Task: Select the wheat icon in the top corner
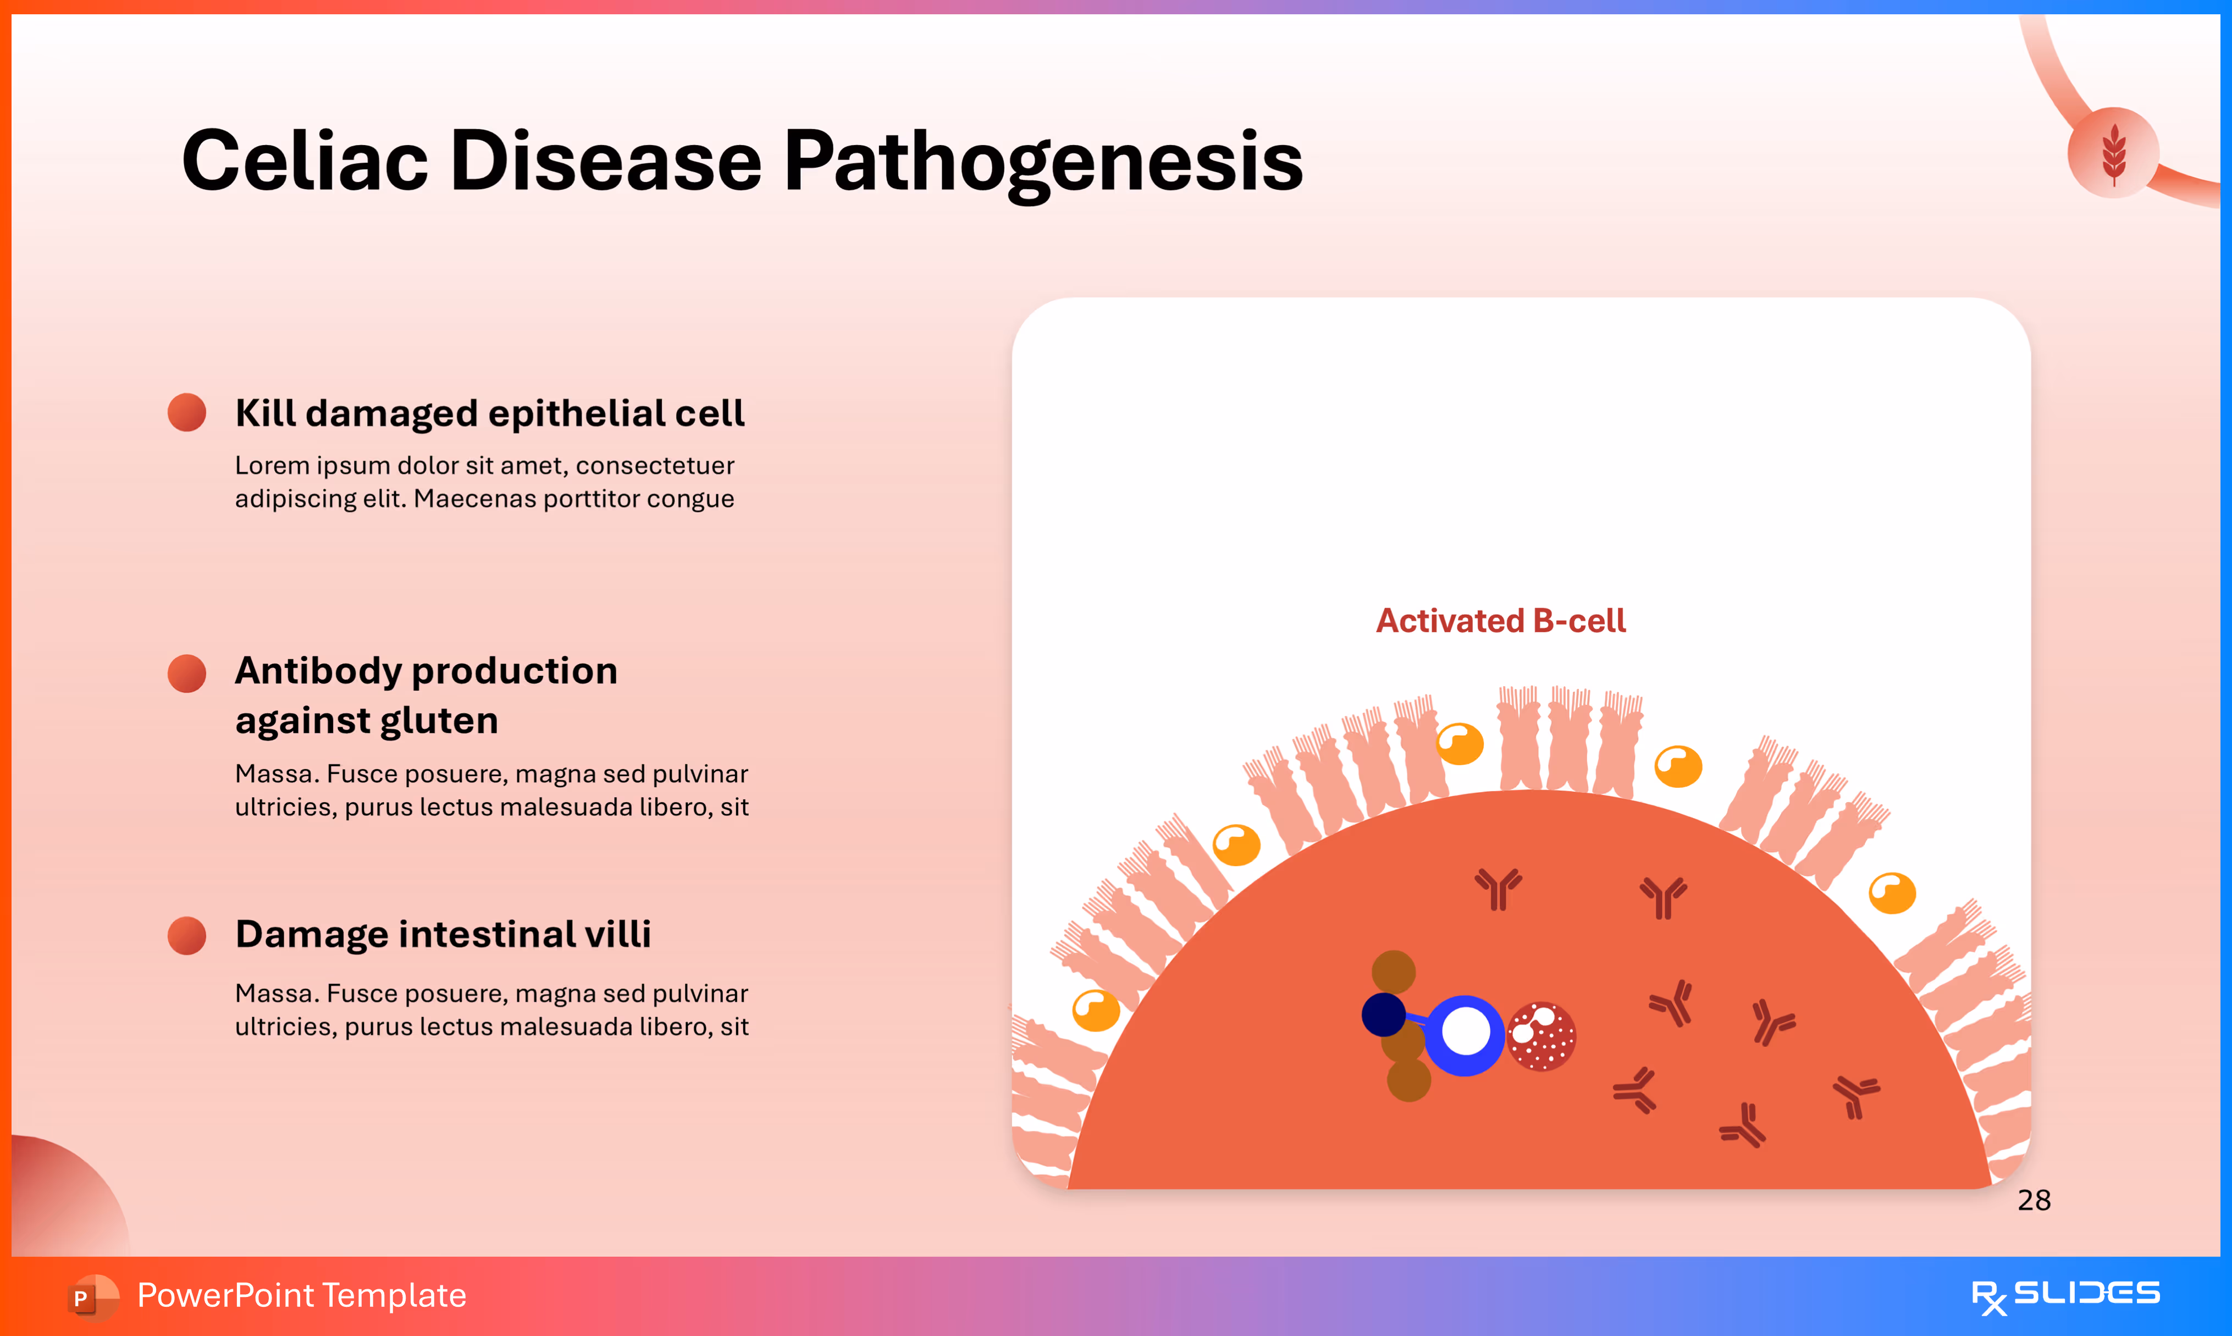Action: coord(2113,152)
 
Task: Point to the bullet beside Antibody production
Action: coord(187,673)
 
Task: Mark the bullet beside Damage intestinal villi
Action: coord(187,935)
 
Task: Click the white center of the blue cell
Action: coord(1465,1032)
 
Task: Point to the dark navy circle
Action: coord(1383,1014)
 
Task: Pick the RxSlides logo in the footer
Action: coord(2065,1295)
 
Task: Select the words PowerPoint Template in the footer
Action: coord(301,1295)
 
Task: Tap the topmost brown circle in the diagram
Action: coord(1393,972)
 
